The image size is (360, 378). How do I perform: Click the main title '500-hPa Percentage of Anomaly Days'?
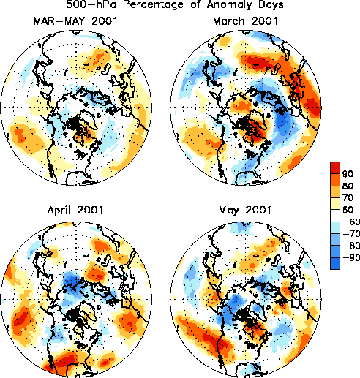175,4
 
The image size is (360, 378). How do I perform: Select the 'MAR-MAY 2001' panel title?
75,21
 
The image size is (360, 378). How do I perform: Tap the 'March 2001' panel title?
245,21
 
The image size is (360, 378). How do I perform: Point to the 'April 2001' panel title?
75,210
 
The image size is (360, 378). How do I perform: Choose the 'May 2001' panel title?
245,211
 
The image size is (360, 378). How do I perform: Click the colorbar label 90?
348,174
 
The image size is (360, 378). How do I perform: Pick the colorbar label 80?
348,186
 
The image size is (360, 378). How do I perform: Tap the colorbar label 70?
348,197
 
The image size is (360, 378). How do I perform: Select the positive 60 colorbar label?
348,210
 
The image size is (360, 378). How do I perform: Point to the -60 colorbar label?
351,222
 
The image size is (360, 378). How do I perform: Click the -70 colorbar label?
351,233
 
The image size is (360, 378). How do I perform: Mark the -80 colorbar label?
351,246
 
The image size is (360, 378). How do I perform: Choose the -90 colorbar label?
351,257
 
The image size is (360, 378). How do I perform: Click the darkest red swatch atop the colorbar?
335,168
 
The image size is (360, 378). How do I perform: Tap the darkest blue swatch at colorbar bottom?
335,263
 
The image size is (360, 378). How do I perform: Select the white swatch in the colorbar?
335,216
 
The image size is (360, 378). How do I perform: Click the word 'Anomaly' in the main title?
229,5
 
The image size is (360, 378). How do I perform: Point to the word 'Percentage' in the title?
153,5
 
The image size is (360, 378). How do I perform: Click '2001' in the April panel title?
89,210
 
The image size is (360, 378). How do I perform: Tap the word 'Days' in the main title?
271,5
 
